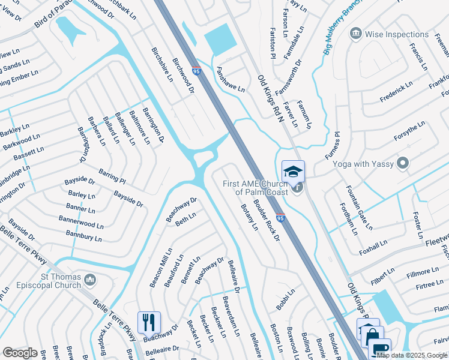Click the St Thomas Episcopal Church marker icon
click(91, 280)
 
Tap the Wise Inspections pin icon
click(356, 32)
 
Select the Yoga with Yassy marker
click(403, 163)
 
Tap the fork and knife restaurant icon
click(149, 322)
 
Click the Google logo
click(20, 352)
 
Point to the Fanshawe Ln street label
click(231, 79)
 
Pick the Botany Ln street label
click(249, 218)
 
